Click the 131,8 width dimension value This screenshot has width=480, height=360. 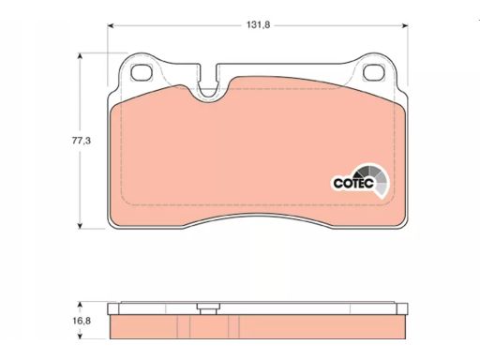pyautogui.click(x=258, y=25)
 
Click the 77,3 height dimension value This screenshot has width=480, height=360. pyautogui.click(x=82, y=141)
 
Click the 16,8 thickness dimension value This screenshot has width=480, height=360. pyautogui.click(x=82, y=321)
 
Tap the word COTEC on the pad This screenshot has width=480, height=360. pyautogui.click(x=353, y=183)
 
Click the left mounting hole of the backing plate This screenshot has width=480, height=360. pyautogui.click(x=142, y=72)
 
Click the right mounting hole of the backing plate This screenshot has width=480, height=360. pyautogui.click(x=373, y=72)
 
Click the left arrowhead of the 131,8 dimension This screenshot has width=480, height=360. pyautogui.click(x=111, y=25)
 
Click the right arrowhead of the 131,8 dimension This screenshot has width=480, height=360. pyautogui.click(x=405, y=25)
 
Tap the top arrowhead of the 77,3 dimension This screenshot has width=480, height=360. pyautogui.click(x=80, y=56)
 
